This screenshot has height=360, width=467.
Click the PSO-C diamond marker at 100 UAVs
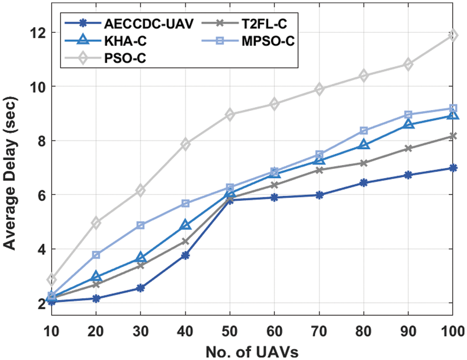(452, 35)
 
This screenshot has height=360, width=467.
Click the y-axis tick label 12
(39, 33)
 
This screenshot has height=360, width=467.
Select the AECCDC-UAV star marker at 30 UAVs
(141, 288)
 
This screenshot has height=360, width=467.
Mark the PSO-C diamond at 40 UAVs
(185, 144)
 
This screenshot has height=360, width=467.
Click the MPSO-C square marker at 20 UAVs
(96, 254)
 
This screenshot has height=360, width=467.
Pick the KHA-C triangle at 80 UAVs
(363, 144)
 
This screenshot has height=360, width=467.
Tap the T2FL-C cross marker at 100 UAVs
(452, 136)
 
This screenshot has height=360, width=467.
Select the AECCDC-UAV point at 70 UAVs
(319, 195)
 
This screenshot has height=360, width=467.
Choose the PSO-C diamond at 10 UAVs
(52, 279)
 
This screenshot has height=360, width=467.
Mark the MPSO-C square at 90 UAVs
(408, 114)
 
